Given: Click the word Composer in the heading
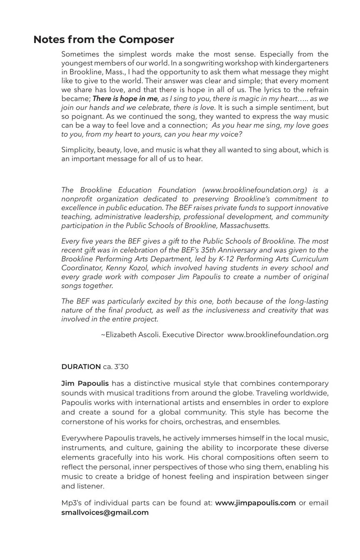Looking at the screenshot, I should point(146,40).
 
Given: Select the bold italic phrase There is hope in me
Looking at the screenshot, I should point(125,99).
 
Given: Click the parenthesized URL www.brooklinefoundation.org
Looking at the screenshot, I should point(254,190).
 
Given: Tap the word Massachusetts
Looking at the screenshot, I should point(245,226).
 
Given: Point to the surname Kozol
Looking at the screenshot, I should point(140,268).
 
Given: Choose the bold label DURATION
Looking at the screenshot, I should point(81,367).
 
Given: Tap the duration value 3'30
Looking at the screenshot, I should point(121,367).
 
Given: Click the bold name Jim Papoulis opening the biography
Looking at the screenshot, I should point(85,383).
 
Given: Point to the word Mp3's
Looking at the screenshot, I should point(71,503).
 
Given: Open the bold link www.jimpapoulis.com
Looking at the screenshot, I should point(255,503).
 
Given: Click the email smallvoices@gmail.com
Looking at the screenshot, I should point(105,512).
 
